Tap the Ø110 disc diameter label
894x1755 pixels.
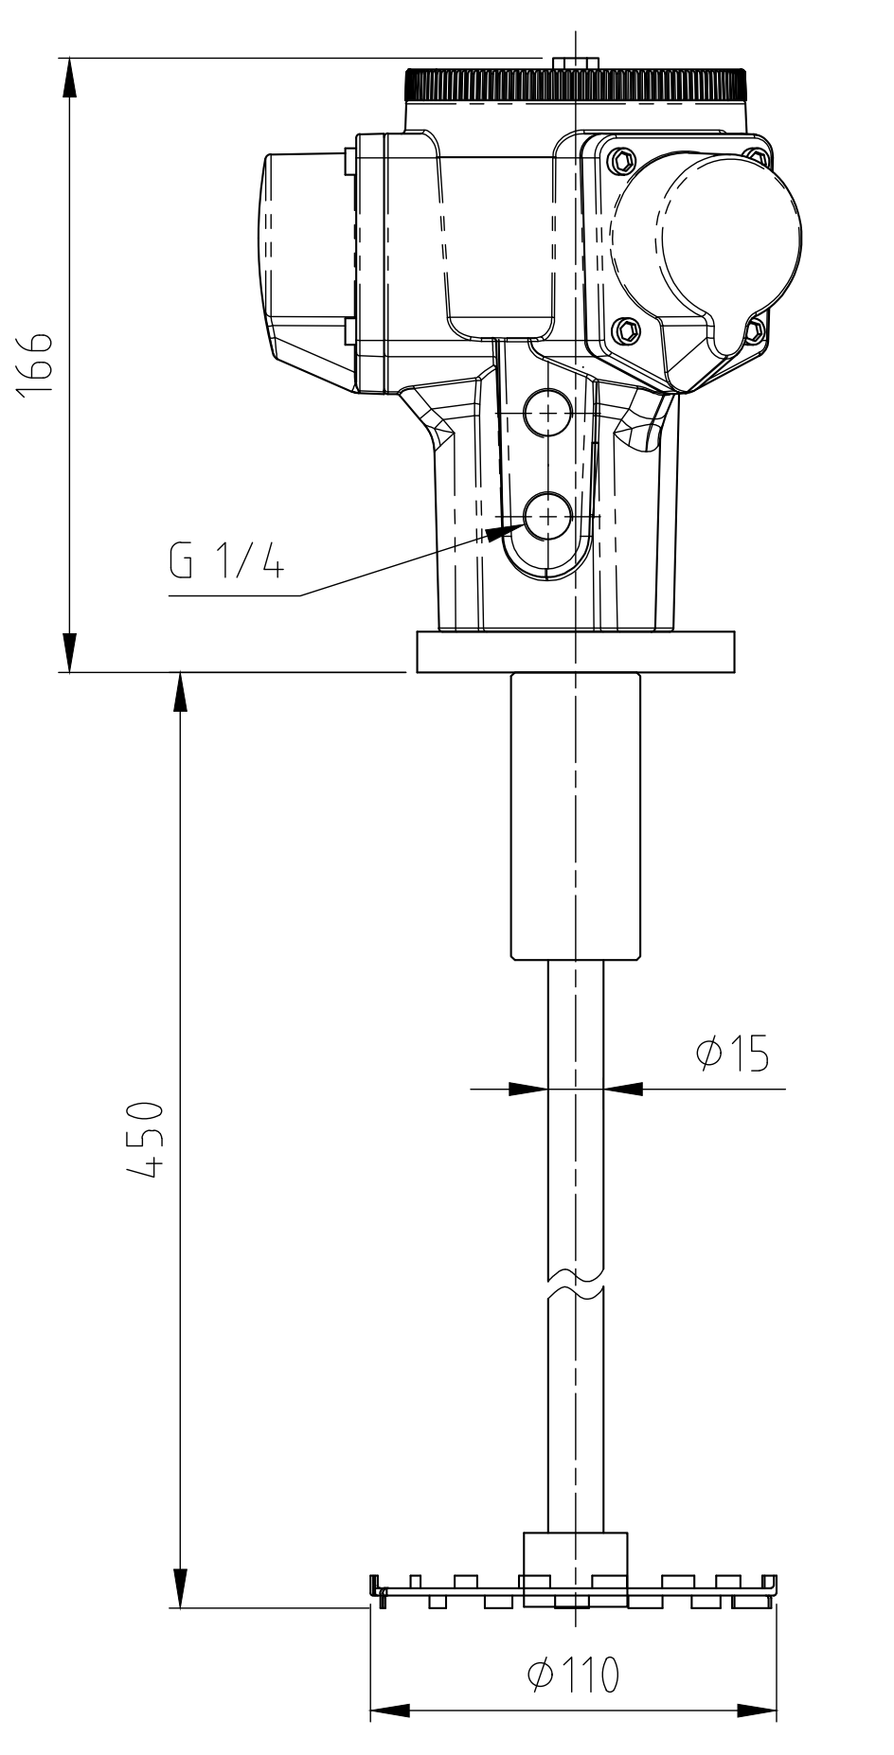(572, 1675)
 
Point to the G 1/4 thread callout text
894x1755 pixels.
(225, 564)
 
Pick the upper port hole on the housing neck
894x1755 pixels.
(547, 414)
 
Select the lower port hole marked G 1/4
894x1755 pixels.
(547, 516)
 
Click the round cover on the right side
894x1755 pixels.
(706, 255)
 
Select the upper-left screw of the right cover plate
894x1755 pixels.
(621, 159)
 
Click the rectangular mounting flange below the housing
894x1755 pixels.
(575, 653)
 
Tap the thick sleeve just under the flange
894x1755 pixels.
(575, 816)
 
